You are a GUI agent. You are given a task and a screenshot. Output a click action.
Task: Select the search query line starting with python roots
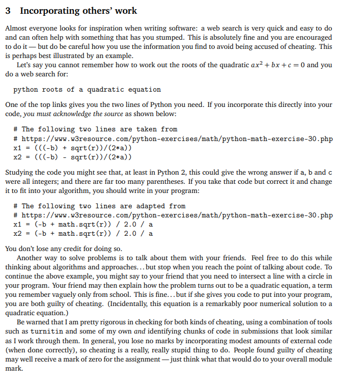[87, 90]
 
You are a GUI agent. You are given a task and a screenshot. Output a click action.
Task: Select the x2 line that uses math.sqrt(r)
[83, 234]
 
